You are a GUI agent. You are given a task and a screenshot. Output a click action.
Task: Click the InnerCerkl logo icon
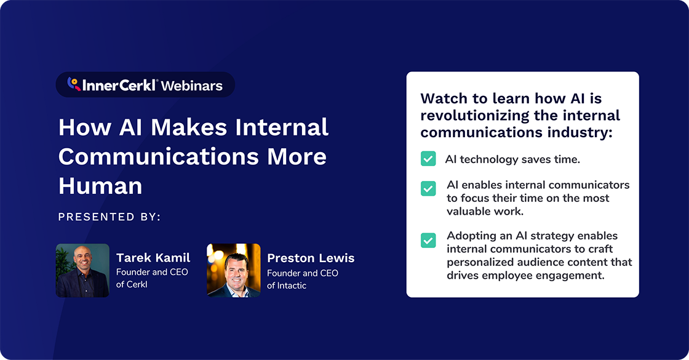click(73, 84)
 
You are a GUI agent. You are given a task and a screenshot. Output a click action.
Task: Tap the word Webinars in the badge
click(192, 86)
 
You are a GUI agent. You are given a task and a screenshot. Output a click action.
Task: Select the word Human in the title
click(100, 185)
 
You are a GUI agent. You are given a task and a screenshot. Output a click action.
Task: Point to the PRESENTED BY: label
click(109, 217)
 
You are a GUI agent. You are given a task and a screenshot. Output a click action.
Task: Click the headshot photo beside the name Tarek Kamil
click(82, 270)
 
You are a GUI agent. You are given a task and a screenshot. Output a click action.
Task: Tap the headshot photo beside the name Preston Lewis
click(233, 270)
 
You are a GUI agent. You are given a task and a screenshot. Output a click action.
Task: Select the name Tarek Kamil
click(153, 258)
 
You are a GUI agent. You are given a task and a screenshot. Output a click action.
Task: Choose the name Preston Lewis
click(311, 258)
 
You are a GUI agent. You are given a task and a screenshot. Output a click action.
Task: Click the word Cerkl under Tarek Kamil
click(140, 285)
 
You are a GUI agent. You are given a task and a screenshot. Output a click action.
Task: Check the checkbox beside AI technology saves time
click(428, 159)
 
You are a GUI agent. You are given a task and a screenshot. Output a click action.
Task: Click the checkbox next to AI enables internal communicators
click(428, 188)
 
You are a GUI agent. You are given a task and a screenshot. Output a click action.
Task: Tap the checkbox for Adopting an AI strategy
click(428, 240)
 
